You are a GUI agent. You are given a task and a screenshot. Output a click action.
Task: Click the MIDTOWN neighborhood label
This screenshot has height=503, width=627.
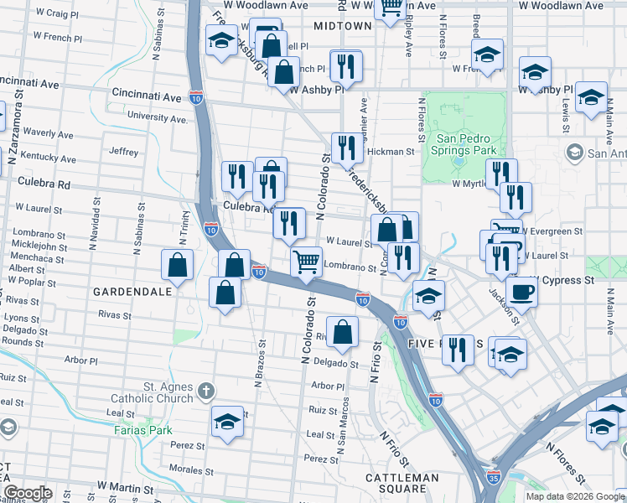[x=342, y=26]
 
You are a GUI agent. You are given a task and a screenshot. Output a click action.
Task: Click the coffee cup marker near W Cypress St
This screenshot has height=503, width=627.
[x=522, y=293]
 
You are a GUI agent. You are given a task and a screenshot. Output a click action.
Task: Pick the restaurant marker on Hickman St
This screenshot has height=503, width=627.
[x=345, y=148]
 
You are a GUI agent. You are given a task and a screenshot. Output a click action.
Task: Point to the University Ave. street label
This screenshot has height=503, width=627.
[x=157, y=118]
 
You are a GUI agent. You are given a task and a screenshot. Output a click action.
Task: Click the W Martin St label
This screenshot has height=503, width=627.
[x=125, y=486]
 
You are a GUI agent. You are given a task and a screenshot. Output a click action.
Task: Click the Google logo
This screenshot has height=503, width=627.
[x=28, y=493]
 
